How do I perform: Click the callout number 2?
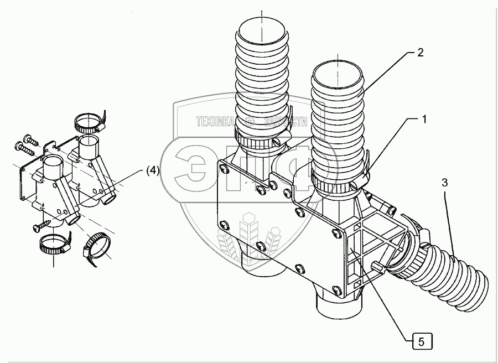click(x=420, y=53)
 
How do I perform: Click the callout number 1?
click(x=424, y=118)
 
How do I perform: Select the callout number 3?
click(x=446, y=181)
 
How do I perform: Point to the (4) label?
click(x=153, y=171)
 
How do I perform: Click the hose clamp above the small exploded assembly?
click(x=88, y=122)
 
